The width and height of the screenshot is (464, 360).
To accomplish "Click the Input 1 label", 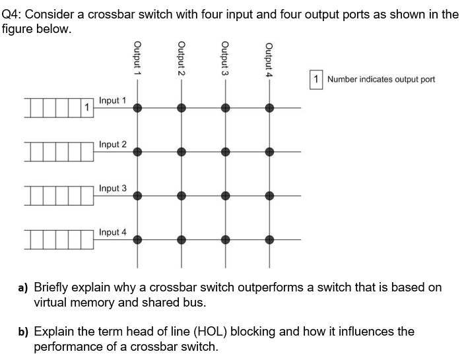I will [112, 100].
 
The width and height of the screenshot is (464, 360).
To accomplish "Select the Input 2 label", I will [112, 144].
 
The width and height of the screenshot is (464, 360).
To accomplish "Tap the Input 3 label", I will [112, 189].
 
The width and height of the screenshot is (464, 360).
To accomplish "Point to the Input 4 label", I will [112, 232].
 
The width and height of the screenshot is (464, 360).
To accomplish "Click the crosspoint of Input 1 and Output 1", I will [137, 108].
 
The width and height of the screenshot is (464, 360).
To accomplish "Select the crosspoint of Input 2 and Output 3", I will [225, 152].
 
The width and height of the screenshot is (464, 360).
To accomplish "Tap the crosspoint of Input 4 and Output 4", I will [269, 240].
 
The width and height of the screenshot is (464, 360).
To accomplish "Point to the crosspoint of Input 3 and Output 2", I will [181, 196].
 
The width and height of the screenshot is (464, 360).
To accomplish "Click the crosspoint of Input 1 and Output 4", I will [269, 108].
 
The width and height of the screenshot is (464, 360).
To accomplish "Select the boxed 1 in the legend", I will [317, 79].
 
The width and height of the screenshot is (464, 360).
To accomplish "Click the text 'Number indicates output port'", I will [381, 79].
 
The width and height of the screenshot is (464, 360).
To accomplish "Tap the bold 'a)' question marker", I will [22, 287].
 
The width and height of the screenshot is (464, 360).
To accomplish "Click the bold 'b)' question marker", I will [22, 332].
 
